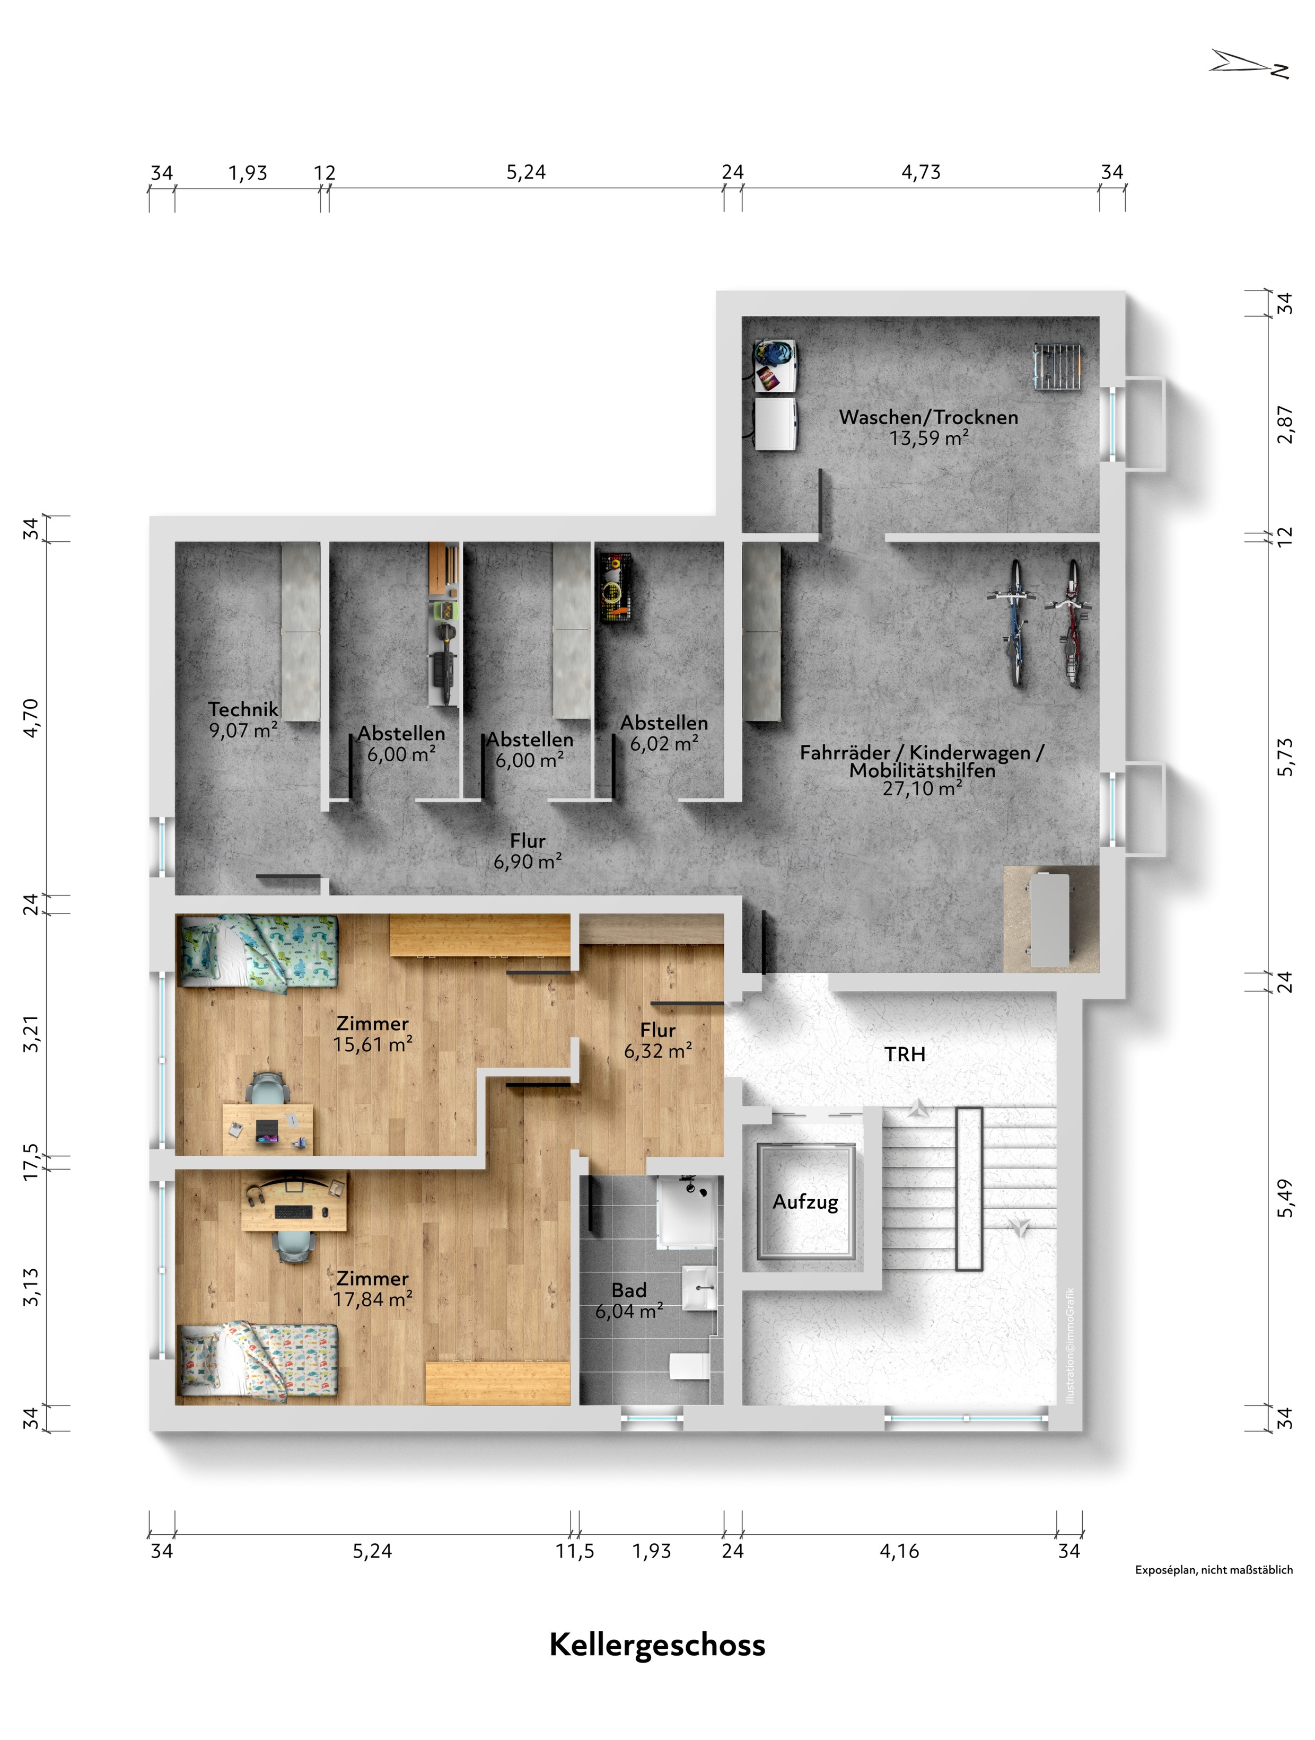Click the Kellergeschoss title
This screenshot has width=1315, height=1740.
[657, 1645]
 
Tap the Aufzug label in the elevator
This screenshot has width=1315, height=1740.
[805, 1202]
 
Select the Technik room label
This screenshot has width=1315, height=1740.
[243, 709]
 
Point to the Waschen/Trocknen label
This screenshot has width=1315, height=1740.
[928, 417]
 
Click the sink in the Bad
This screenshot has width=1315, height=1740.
[699, 1288]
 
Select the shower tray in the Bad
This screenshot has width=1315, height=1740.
[688, 1212]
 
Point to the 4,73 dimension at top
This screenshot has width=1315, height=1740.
[920, 172]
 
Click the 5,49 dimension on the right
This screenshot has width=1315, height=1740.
[1284, 1198]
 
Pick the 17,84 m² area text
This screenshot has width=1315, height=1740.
[372, 1299]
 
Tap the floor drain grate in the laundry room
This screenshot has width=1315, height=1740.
[1056, 366]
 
